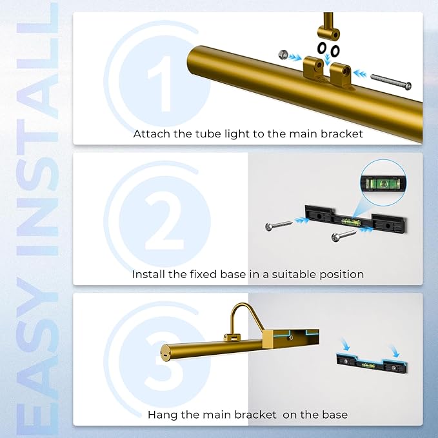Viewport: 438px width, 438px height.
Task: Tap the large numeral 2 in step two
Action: (164, 221)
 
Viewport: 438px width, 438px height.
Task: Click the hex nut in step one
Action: (283, 54)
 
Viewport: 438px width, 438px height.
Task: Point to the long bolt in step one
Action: (391, 81)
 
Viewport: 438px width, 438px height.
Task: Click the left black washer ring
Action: (321, 48)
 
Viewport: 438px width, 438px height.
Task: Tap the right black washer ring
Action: (335, 50)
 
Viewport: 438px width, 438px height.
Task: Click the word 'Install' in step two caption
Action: (148, 274)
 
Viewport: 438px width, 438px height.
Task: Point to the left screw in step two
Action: (279, 225)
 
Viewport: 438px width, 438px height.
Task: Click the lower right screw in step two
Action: (343, 235)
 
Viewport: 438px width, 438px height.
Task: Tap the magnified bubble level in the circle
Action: (383, 183)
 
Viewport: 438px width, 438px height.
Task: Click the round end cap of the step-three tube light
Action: (165, 352)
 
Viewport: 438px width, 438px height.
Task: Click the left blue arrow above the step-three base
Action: (346, 345)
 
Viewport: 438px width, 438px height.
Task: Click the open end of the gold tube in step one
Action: (192, 60)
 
